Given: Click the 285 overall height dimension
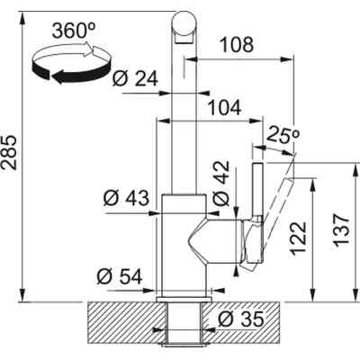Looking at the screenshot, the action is [x=9, y=153].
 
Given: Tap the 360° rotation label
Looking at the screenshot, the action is [x=74, y=31].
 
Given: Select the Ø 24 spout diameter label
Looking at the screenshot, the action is [x=135, y=79].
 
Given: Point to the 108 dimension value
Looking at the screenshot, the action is [x=237, y=44].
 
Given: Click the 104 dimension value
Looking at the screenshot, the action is [x=225, y=108].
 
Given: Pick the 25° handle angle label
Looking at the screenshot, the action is [x=283, y=134].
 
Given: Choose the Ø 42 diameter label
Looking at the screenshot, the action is [x=221, y=183].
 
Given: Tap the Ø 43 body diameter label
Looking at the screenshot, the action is [x=126, y=198].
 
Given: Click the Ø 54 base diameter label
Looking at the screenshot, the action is [x=120, y=276].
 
